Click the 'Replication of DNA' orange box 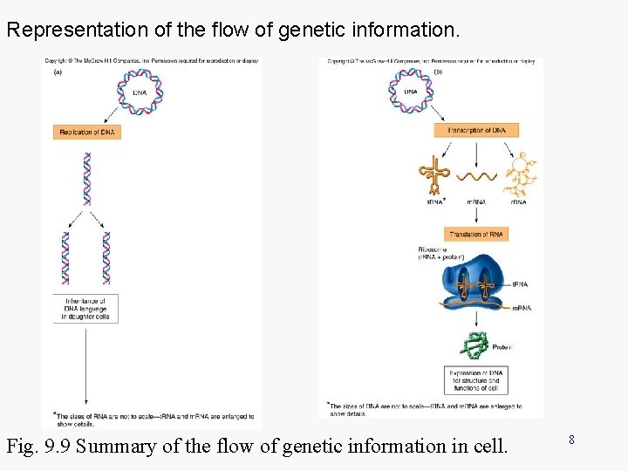(85, 132)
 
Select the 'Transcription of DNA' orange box (476, 130)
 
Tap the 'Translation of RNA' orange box (476, 235)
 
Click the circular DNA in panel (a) (139, 91)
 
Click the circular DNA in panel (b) (410, 91)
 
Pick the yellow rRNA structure (521, 174)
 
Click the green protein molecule (474, 345)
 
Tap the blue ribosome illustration (475, 285)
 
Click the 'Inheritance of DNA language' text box (85, 309)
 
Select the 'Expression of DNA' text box (476, 380)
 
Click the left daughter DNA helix (65, 258)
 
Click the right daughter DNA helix (106, 258)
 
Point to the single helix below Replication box (86, 180)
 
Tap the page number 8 (571, 440)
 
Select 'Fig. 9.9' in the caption (35, 447)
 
